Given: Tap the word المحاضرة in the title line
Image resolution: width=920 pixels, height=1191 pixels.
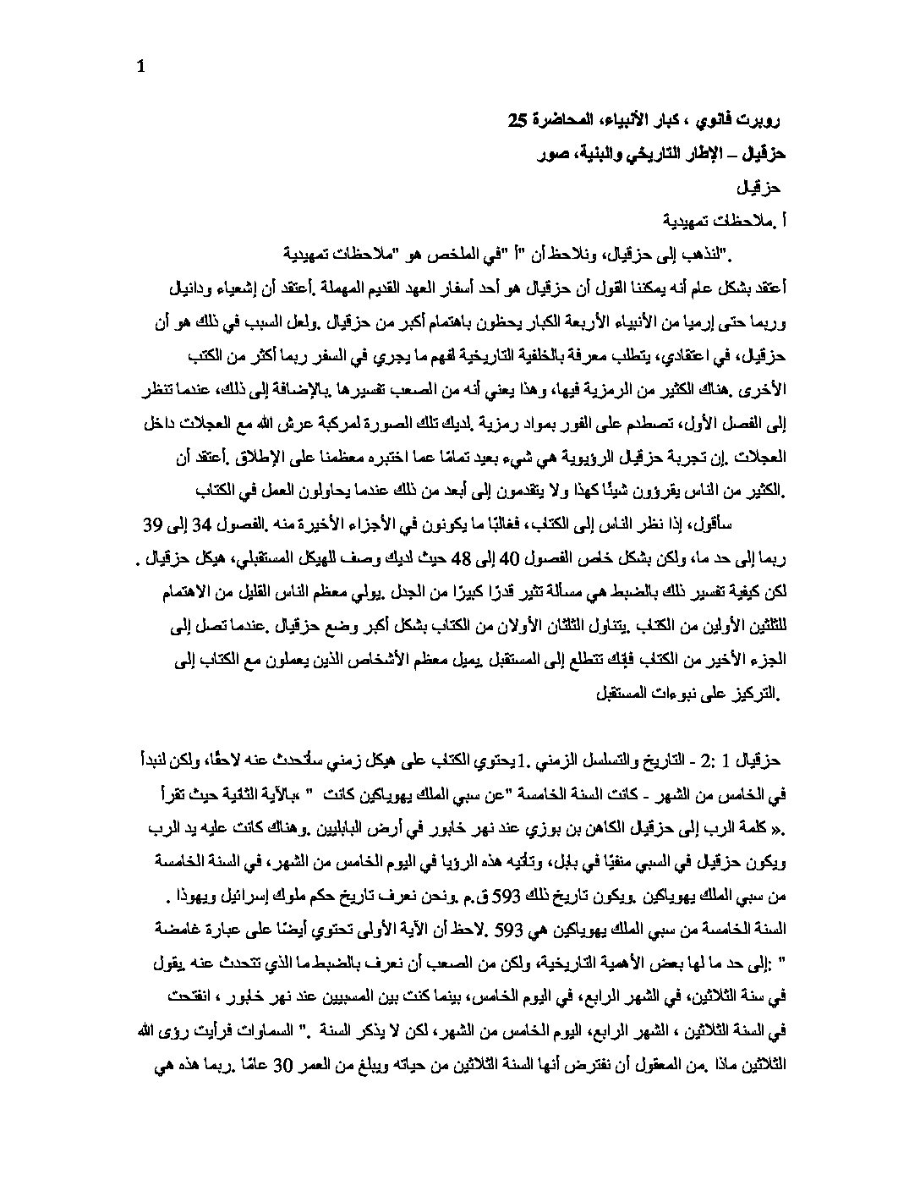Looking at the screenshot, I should (x=562, y=122).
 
